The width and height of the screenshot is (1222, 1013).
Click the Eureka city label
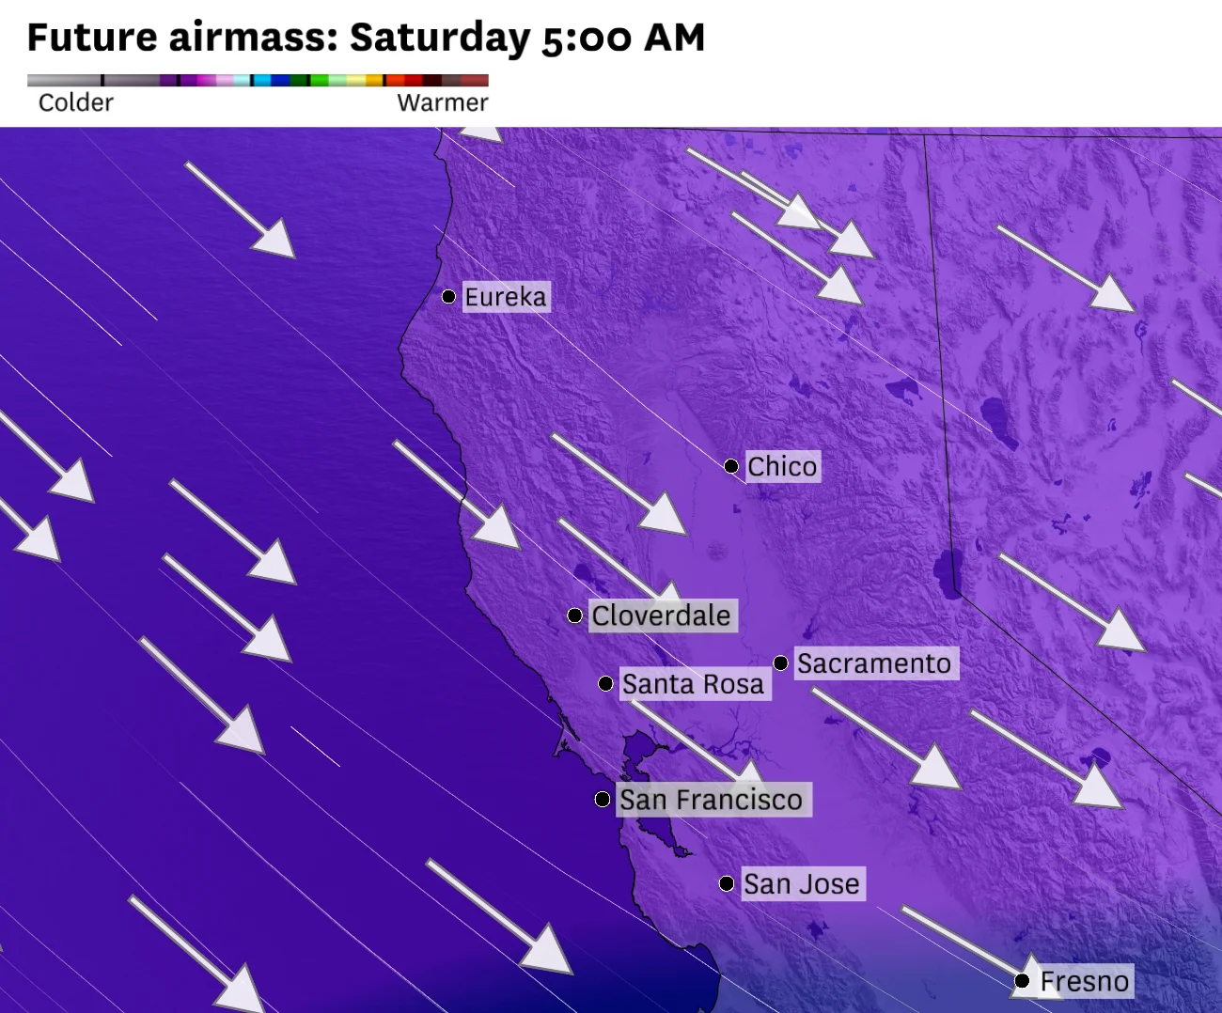(505, 297)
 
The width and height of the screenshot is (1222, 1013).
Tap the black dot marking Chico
(731, 466)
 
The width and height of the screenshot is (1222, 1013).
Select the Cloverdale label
(661, 616)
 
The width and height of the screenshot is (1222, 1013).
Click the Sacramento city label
(874, 663)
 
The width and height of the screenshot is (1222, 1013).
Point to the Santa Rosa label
(693, 684)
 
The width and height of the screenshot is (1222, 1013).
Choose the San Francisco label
(711, 800)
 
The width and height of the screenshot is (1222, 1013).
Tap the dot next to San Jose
(727, 883)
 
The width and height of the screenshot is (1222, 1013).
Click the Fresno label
(1084, 981)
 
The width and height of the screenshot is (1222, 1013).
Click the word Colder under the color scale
(75, 102)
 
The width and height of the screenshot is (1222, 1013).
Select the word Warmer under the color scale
(443, 102)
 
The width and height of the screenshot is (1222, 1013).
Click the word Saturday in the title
(440, 38)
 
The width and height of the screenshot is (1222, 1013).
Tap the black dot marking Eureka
(449, 297)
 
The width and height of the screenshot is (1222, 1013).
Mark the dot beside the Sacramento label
(781, 663)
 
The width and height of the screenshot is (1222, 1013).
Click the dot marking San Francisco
(603, 800)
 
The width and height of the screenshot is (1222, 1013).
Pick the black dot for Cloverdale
(575, 616)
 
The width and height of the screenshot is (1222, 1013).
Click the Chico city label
(782, 466)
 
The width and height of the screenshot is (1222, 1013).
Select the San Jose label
(801, 883)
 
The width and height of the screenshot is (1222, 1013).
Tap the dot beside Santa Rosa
(606, 684)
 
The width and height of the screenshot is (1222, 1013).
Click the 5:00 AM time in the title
(623, 38)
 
